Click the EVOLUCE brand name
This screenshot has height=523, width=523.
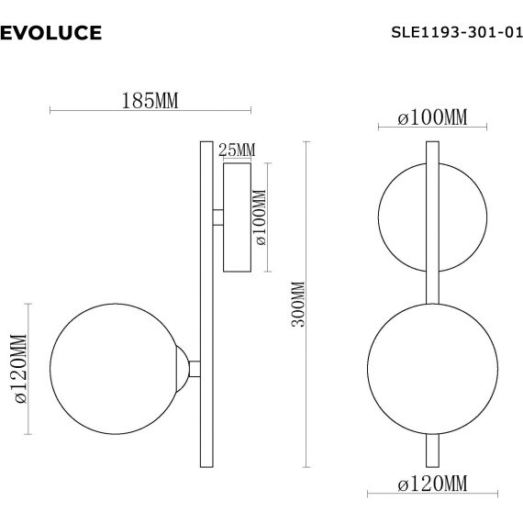click(51, 34)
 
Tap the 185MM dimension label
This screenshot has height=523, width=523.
click(150, 101)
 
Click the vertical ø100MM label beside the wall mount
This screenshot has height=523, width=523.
click(260, 218)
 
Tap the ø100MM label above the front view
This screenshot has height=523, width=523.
click(433, 118)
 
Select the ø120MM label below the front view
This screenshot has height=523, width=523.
click(433, 483)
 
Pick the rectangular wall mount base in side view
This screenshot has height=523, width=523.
click(237, 217)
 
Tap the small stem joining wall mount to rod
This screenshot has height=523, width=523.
click(217, 217)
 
